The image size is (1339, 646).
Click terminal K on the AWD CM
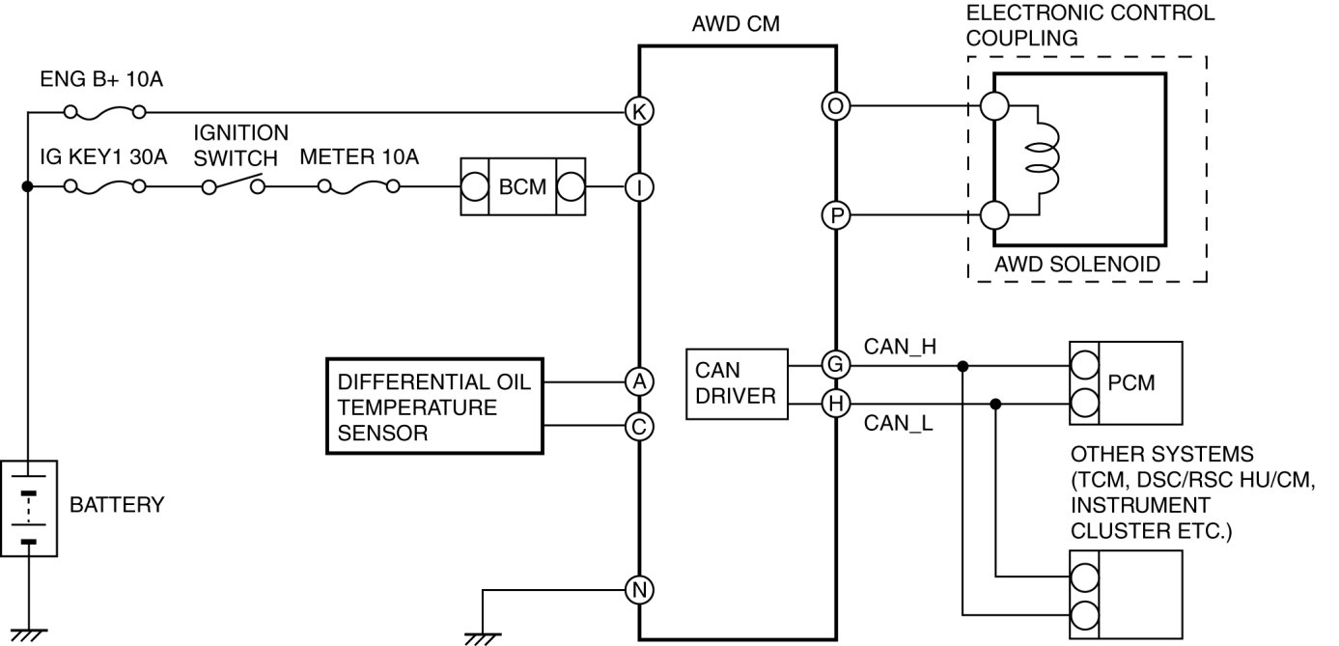(639, 111)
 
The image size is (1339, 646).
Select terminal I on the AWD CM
(639, 187)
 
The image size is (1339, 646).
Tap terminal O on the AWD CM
(836, 106)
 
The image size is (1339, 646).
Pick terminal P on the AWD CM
(836, 215)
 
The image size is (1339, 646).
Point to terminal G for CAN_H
(836, 364)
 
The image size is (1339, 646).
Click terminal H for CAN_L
(836, 404)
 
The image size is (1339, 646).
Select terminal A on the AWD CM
(639, 381)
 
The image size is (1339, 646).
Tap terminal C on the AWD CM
(639, 427)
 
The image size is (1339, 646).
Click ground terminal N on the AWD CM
(639, 590)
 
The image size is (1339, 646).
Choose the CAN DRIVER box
(737, 384)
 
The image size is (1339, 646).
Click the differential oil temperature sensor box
(434, 407)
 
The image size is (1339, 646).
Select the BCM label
(522, 187)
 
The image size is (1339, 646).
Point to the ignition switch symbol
(233, 183)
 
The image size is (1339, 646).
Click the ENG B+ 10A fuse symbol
(104, 112)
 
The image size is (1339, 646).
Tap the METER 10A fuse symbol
(359, 187)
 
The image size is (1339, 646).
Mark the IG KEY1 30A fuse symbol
(104, 187)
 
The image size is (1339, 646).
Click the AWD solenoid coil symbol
(1043, 158)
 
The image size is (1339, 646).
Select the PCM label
(1131, 382)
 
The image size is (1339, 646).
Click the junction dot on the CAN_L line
(995, 405)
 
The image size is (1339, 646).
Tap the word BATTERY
(117, 505)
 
